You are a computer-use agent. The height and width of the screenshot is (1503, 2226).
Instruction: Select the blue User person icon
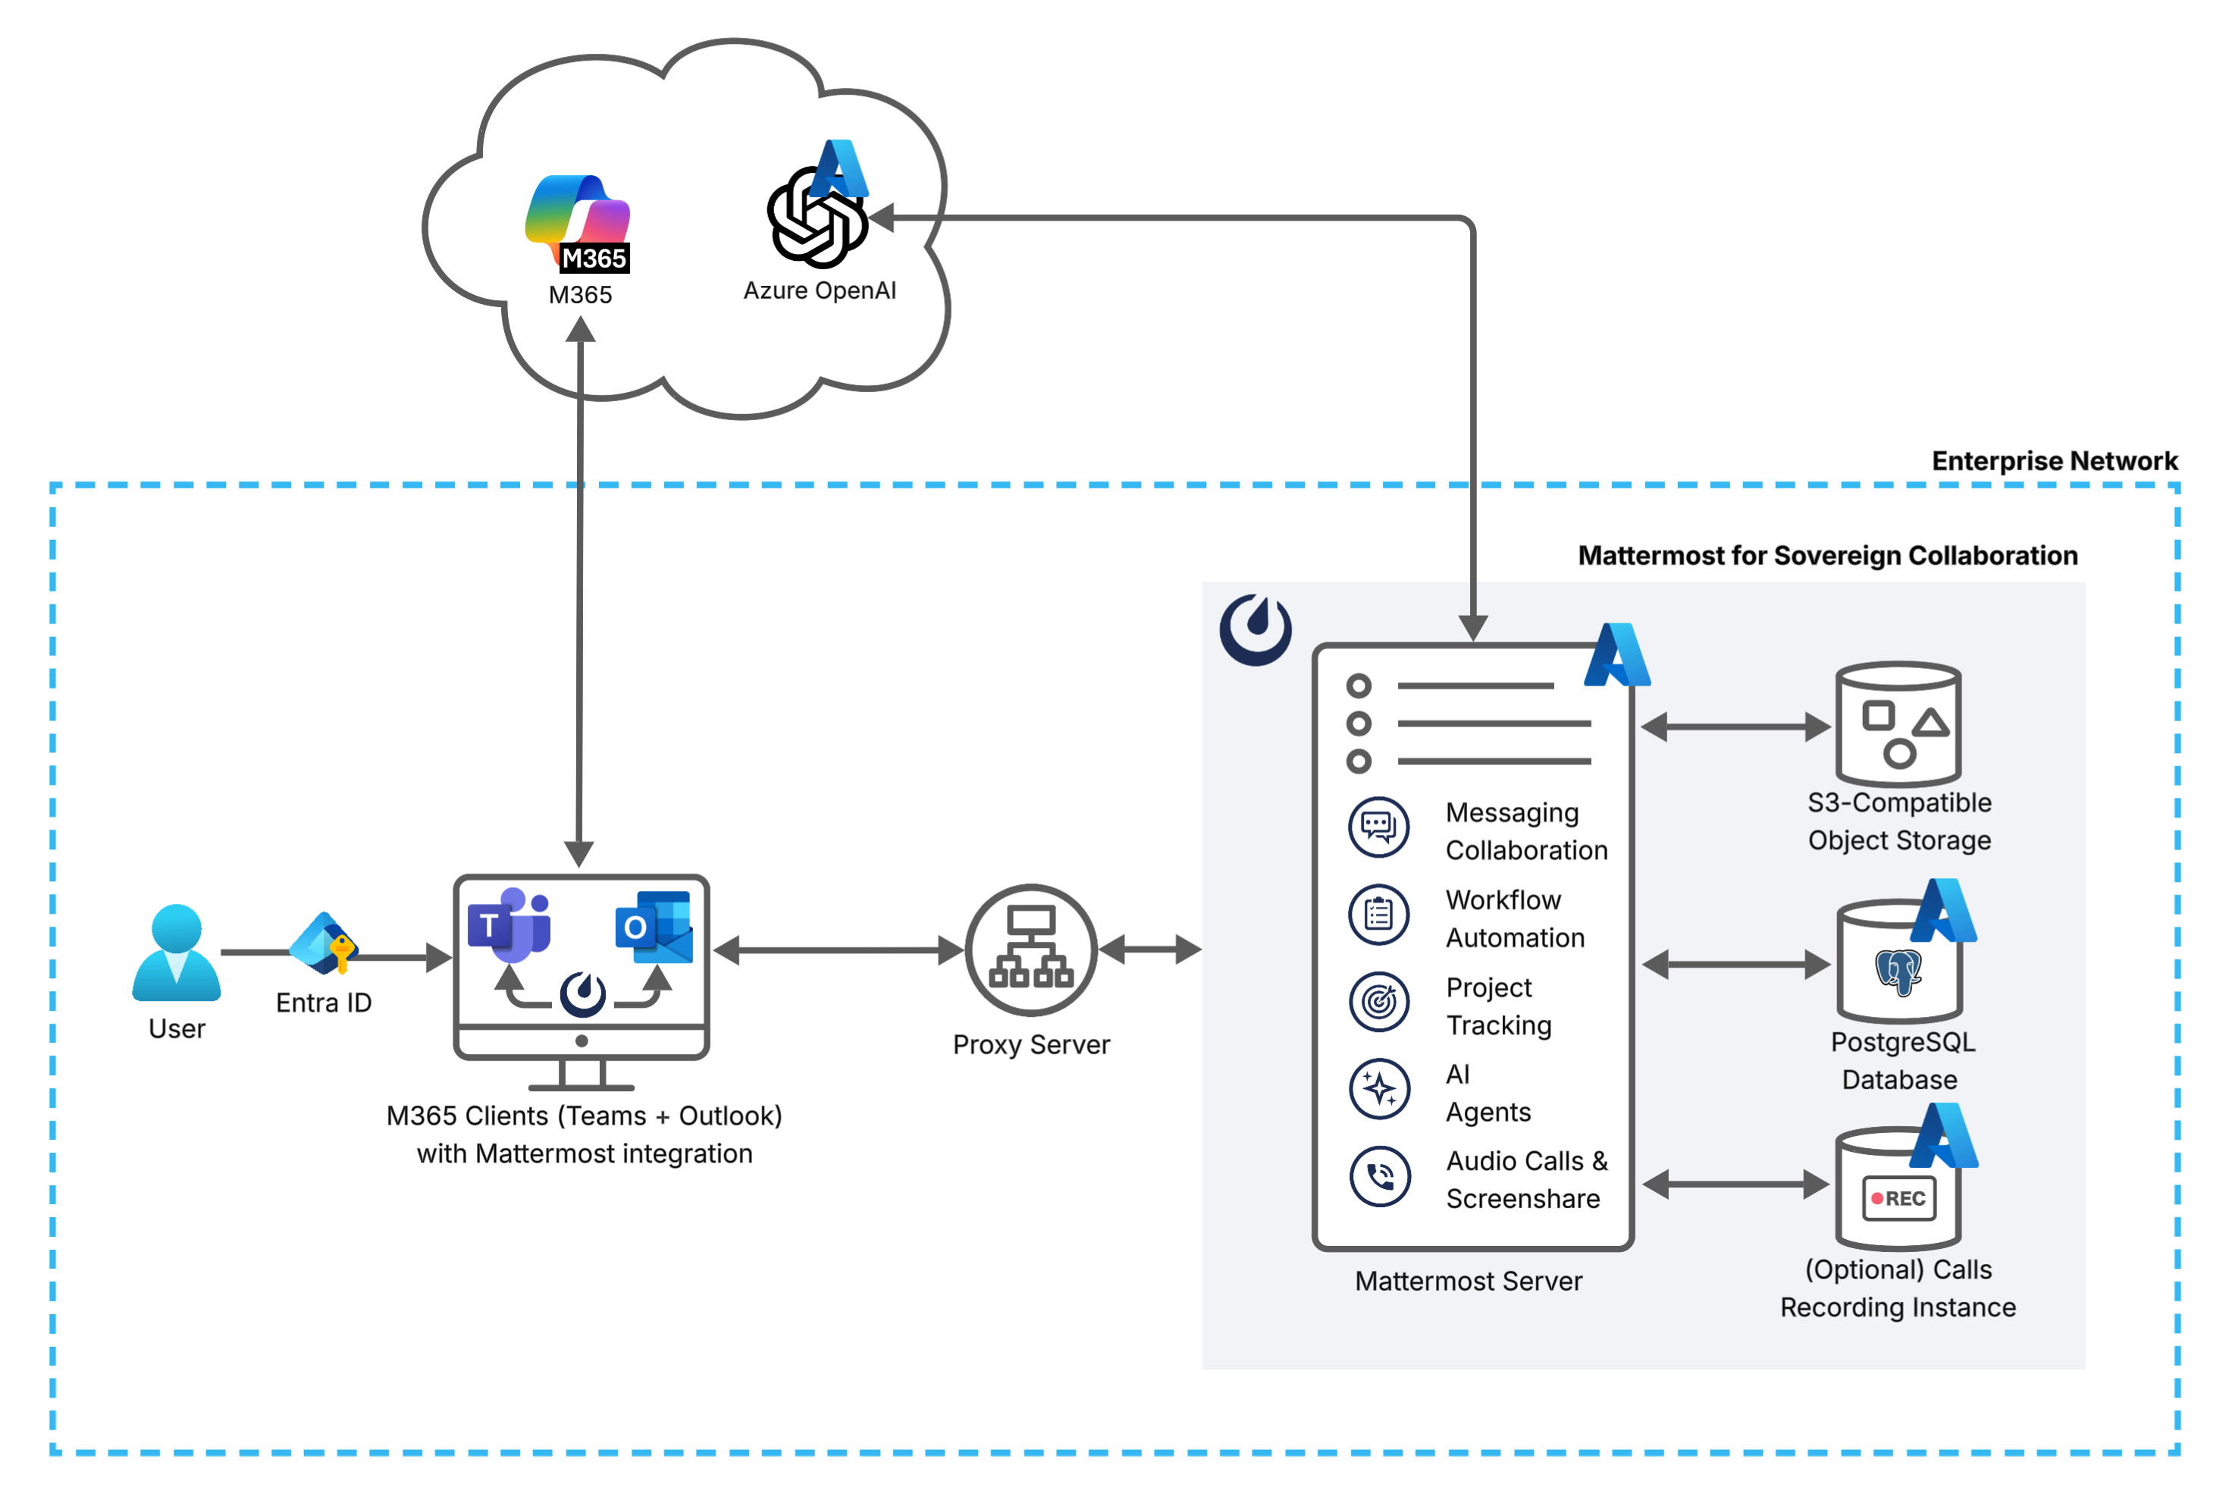click(176, 953)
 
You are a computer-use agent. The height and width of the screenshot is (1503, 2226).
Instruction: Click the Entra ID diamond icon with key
click(324, 943)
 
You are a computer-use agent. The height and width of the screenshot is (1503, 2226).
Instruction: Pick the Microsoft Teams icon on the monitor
click(508, 925)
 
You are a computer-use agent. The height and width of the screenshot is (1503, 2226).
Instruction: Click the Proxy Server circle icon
click(1030, 950)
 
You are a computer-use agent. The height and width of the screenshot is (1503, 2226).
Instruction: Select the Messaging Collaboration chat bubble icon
click(1378, 827)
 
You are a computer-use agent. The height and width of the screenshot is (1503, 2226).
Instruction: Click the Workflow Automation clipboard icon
click(1378, 915)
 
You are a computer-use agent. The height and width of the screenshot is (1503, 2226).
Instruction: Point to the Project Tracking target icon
click(1378, 1002)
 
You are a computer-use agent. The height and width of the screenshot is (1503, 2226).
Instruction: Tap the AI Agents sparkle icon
click(1378, 1089)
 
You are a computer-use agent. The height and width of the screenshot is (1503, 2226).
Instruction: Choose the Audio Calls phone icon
click(1378, 1176)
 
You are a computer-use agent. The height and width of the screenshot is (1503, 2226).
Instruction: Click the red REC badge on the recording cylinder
click(1898, 1198)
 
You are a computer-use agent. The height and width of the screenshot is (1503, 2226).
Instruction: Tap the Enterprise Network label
click(2054, 461)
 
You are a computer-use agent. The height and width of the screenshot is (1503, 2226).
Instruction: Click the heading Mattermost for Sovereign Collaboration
click(1826, 556)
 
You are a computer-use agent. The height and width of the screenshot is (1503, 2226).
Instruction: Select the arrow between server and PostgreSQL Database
click(1735, 965)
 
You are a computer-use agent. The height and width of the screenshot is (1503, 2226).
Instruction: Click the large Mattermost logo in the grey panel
click(1255, 629)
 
